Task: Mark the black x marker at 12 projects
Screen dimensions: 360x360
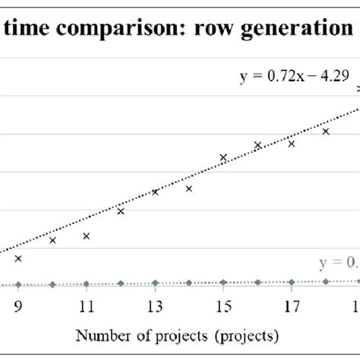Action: click(x=121, y=211)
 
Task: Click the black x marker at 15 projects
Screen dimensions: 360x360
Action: click(x=223, y=157)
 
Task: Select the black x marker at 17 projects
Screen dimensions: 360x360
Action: click(x=292, y=143)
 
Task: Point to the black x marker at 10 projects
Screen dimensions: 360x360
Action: click(x=52, y=240)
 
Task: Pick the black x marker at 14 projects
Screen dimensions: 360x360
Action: click(x=189, y=188)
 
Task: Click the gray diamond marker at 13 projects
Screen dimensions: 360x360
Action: click(x=155, y=283)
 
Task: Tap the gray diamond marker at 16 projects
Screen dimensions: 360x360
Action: click(x=257, y=282)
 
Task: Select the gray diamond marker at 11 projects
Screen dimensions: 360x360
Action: click(x=87, y=283)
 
